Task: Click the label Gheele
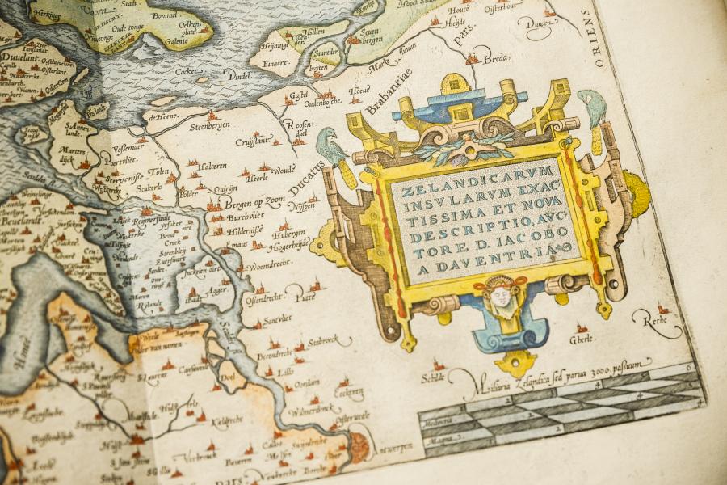tap(583, 337)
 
